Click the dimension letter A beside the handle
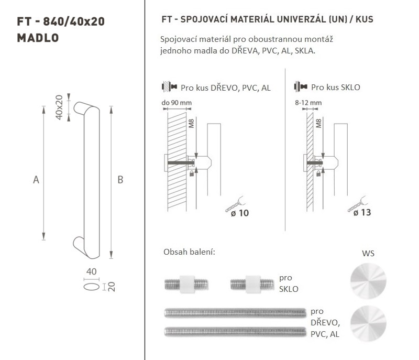click(x=36, y=180)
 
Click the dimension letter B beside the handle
click(x=120, y=180)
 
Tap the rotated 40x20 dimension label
click(x=59, y=107)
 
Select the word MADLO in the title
click(x=38, y=38)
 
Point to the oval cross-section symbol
click(x=91, y=287)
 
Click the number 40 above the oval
click(x=91, y=271)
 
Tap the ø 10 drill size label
click(x=240, y=213)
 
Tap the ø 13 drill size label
click(x=362, y=212)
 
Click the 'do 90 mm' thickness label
click(x=177, y=103)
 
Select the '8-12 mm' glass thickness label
click(x=308, y=103)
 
